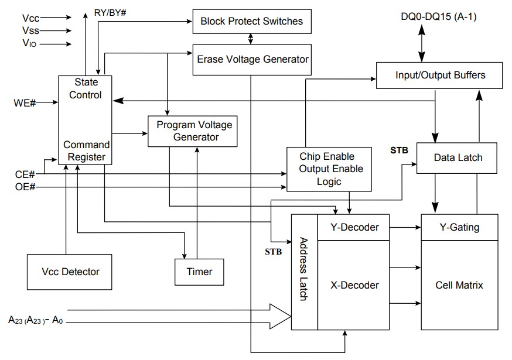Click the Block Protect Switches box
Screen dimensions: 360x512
click(x=251, y=22)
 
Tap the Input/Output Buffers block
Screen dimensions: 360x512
click(x=440, y=76)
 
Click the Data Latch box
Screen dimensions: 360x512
click(x=458, y=158)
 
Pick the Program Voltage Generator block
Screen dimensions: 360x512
click(x=193, y=131)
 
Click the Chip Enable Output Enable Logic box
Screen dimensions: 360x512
click(x=328, y=169)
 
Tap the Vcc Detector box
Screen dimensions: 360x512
click(x=70, y=272)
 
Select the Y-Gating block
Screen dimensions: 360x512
click(x=459, y=228)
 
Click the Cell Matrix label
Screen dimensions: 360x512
click(x=459, y=285)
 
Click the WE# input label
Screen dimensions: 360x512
click(x=25, y=104)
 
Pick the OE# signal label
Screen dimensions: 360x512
click(x=25, y=187)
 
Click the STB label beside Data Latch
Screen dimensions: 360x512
click(x=399, y=150)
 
